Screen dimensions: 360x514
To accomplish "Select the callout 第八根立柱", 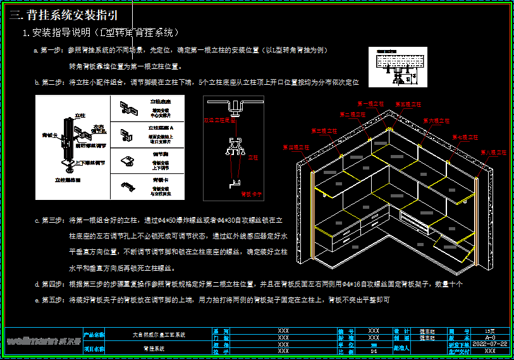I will pyautogui.click(x=494, y=152).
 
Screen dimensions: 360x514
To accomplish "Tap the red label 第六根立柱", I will pyautogui.click(x=437, y=120).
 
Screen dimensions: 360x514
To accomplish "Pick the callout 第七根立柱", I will pyautogui.click(x=464, y=137).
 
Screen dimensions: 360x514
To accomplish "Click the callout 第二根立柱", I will pyautogui.click(x=352, y=115).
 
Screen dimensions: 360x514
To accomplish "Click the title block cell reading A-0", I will pyautogui.click(x=490, y=337).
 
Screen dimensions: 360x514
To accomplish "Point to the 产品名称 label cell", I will pyautogui.click(x=95, y=333).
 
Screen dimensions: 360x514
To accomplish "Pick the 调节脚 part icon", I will pyautogui.click(x=129, y=159).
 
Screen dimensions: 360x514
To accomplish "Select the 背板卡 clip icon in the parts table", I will pyautogui.click(x=129, y=185).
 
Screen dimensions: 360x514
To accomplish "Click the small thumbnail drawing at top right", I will pyautogui.click(x=395, y=65).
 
